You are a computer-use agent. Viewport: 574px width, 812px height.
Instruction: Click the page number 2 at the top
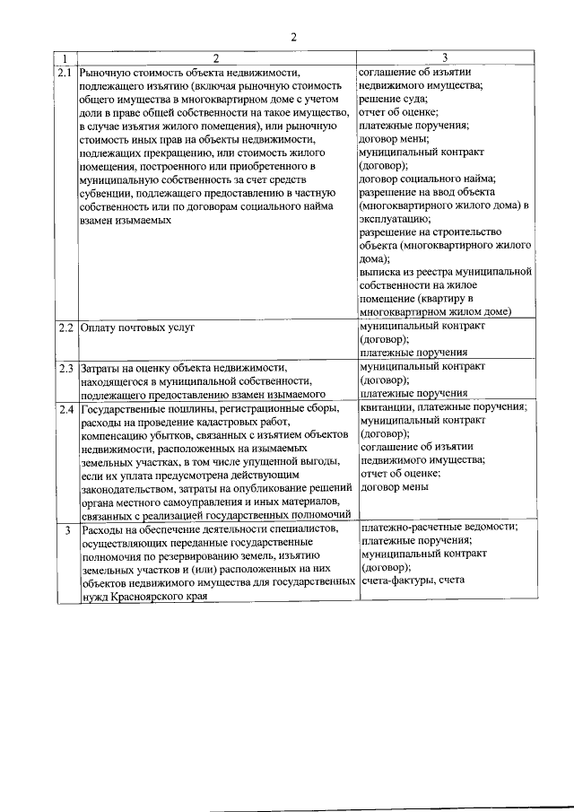[x=292, y=37]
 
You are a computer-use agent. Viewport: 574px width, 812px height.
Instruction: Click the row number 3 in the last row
[x=67, y=530]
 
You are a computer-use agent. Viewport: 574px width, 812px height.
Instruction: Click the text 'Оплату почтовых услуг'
[x=137, y=327]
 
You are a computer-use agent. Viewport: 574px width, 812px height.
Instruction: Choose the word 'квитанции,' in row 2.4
[x=387, y=406]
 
